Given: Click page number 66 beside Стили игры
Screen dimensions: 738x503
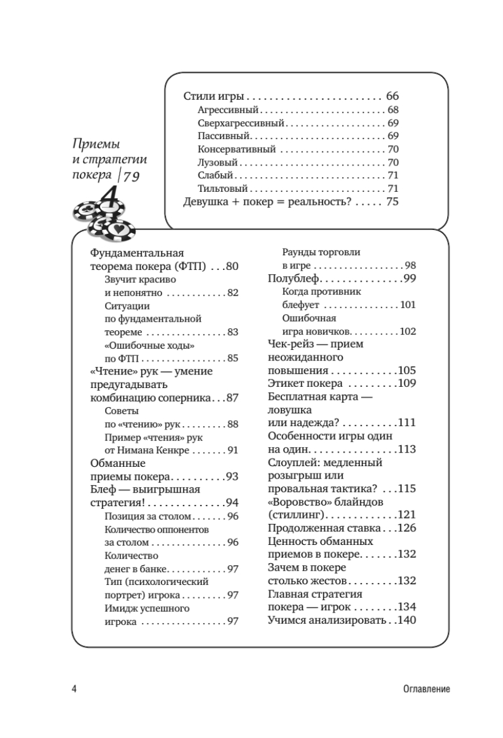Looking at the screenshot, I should [392, 97].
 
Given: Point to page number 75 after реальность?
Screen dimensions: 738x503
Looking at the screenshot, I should [392, 202].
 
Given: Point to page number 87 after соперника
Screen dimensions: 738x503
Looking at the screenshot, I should [232, 397].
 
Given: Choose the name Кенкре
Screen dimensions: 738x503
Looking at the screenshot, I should [173, 450].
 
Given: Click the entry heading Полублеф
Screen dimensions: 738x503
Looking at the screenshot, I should [291, 279].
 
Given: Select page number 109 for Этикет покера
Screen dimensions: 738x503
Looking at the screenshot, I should [407, 383].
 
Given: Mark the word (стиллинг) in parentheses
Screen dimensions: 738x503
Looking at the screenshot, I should [297, 515].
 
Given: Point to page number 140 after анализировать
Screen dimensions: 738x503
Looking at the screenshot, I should [407, 620].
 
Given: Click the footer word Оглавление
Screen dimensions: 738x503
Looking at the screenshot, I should [423, 689].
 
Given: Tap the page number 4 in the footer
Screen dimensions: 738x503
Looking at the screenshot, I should [74, 689].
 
